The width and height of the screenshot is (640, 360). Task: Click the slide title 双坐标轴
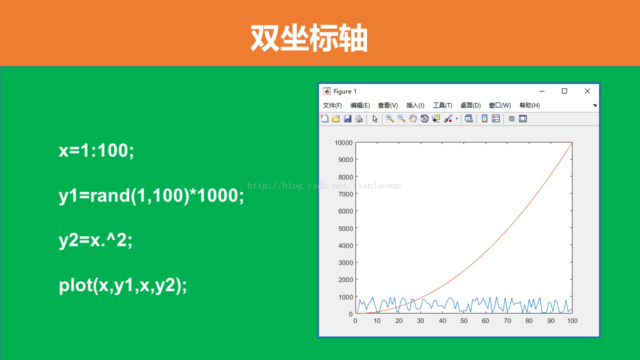coord(309,38)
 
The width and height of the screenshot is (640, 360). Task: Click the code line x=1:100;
coord(96,150)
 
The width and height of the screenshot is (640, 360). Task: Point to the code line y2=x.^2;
coord(95,240)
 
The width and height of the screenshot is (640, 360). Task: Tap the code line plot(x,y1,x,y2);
coord(123,285)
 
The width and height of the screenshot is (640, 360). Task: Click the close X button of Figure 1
coord(587,91)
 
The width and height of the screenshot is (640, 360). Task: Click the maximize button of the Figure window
coord(564,91)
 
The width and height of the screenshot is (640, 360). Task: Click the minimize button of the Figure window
coord(541,91)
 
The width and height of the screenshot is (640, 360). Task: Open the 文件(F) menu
coord(332,105)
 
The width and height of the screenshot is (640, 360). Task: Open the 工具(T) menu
coord(442,105)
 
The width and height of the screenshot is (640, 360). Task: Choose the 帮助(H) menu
coord(529,105)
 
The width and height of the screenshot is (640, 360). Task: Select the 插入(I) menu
coord(415,105)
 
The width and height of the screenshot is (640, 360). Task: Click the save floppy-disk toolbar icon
coord(347,119)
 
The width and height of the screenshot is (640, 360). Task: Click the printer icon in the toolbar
coord(359,119)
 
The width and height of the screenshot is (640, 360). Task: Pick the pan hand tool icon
coord(413,119)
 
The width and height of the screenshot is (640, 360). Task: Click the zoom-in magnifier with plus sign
coord(389,118)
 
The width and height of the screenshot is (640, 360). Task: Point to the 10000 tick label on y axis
coord(343,143)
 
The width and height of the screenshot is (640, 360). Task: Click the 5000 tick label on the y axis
coord(345,228)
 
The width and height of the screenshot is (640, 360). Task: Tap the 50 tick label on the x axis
coord(463,321)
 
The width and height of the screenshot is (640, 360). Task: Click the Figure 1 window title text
coord(345,91)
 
